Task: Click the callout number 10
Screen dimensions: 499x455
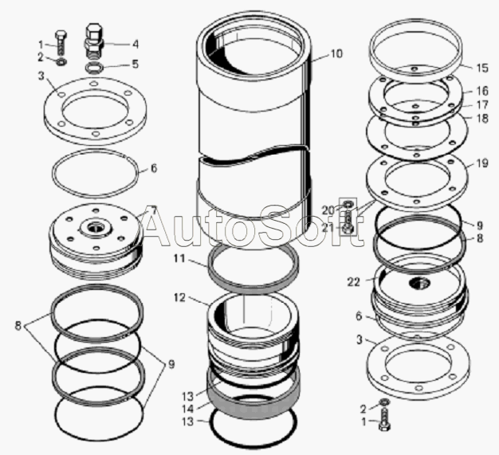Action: pos(336,53)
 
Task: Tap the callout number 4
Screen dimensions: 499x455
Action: pos(136,44)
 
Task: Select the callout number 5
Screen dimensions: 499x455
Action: pos(136,64)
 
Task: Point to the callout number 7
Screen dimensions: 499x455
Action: pos(153,210)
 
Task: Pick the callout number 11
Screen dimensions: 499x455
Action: pos(179,258)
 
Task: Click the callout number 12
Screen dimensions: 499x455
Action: pos(179,298)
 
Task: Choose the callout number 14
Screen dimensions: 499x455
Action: pos(188,409)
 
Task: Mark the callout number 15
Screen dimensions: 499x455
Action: pos(482,68)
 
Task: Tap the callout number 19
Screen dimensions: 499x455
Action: pos(482,163)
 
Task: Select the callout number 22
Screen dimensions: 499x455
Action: pos(353,282)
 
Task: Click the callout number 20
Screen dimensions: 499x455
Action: pos(328,210)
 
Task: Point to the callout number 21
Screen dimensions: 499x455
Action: pos(328,227)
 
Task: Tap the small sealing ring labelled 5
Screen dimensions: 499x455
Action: pos(94,68)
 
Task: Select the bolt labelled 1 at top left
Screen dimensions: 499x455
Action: pos(61,43)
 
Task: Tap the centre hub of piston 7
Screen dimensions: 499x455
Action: pos(95,228)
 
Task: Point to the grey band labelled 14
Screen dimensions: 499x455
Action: pos(253,401)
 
